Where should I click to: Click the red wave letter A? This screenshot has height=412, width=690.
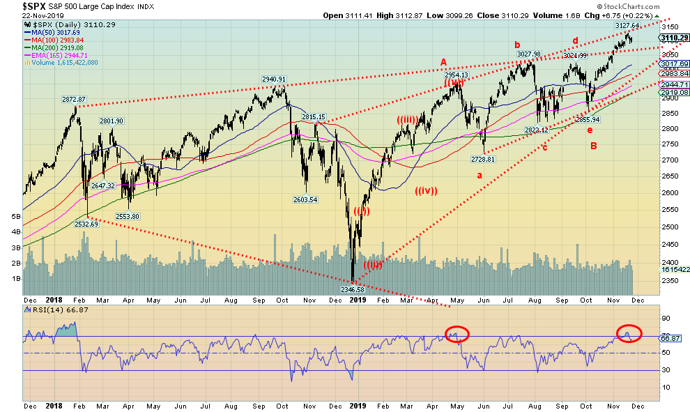pos(443,62)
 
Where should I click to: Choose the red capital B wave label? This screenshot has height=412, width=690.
pos(593,145)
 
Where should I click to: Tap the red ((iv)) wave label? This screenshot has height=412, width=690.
pos(426,190)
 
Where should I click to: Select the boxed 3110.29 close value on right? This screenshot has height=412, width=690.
pos(673,38)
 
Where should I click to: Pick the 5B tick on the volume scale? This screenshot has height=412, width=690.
pos(15,216)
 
